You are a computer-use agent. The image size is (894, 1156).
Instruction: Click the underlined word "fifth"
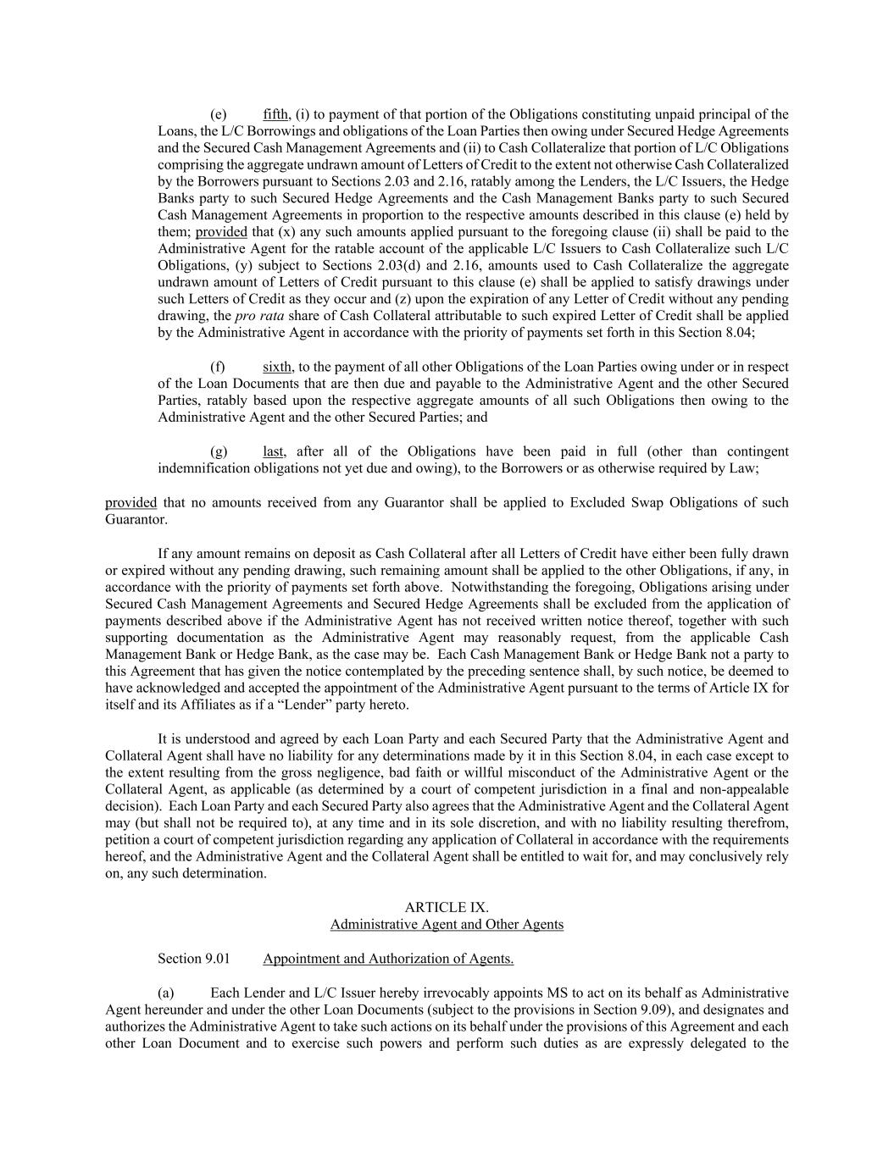click(x=275, y=114)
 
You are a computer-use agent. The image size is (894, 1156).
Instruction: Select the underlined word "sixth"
click(x=277, y=367)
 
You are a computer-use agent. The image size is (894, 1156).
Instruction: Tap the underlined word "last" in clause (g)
click(x=273, y=451)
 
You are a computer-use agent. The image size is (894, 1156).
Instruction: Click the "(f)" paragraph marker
click(x=218, y=367)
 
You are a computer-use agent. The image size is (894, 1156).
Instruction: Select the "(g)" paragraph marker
click(x=219, y=451)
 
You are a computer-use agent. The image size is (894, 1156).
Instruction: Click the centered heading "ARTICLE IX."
click(x=447, y=907)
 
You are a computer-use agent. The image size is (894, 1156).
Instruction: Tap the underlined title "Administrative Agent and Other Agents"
click(x=447, y=924)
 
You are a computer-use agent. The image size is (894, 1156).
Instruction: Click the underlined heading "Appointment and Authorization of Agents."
click(x=388, y=959)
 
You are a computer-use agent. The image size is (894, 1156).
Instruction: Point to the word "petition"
click(x=128, y=840)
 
